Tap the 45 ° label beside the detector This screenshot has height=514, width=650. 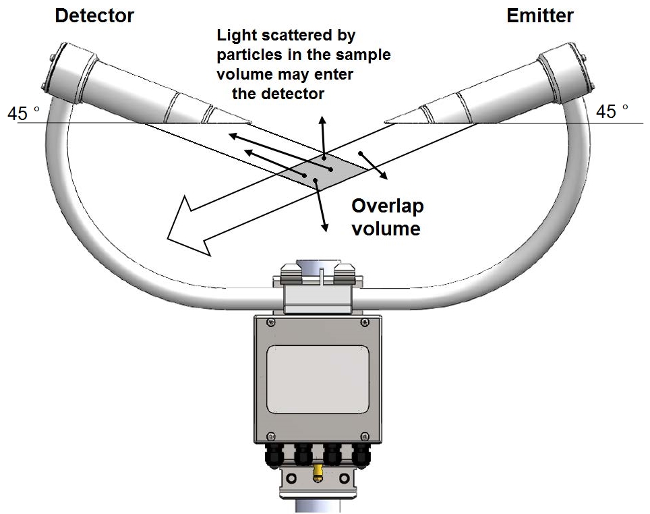point(23,113)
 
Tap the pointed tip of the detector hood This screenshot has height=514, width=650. point(250,123)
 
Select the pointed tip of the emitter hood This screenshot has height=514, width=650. point(386,122)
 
